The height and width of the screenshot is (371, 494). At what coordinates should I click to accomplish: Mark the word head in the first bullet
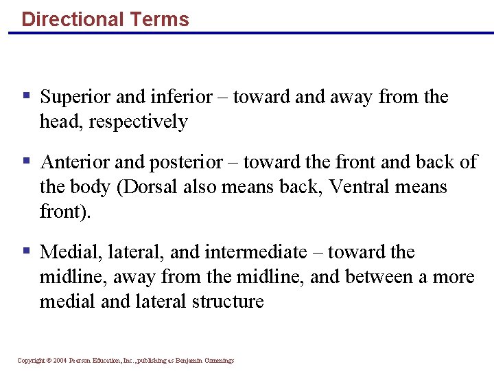(55, 122)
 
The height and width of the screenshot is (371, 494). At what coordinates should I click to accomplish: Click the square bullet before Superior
(25, 95)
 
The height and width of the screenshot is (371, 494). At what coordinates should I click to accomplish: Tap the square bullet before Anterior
(25, 161)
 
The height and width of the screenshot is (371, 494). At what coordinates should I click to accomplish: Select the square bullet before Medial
(25, 251)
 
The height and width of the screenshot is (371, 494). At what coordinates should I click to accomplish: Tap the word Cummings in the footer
(219, 361)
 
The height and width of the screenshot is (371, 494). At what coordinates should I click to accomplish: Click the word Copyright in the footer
(31, 361)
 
